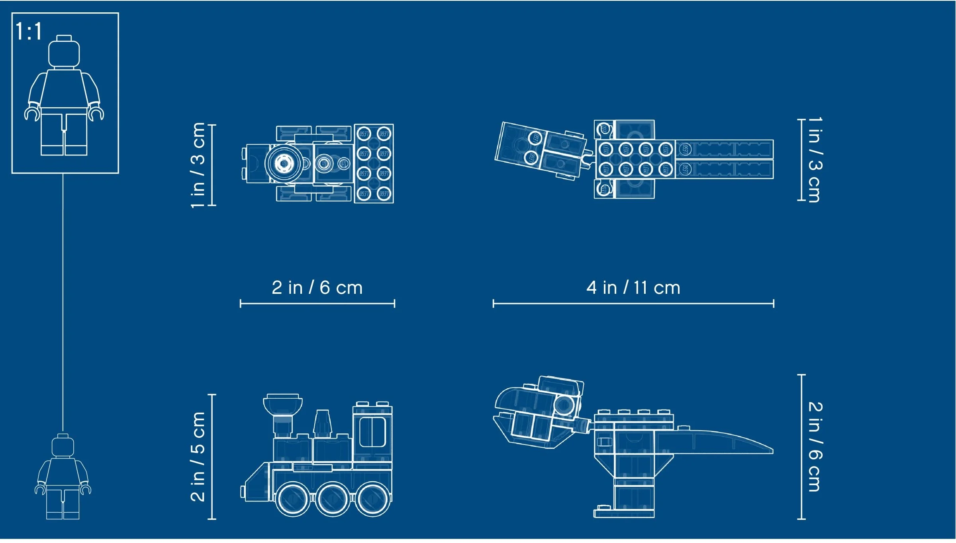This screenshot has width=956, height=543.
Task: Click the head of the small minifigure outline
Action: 63,447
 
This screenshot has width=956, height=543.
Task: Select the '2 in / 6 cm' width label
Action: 317,288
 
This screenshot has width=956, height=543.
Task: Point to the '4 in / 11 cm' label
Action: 633,288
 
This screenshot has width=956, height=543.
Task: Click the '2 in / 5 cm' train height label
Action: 198,456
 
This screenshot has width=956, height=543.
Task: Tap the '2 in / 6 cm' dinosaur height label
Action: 815,447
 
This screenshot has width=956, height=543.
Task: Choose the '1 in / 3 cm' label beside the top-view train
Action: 198,165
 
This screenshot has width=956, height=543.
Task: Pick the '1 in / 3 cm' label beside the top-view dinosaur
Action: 815,160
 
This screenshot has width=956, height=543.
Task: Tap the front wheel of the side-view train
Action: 293,499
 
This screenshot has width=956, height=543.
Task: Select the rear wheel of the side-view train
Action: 373,499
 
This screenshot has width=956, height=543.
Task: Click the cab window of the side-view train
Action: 372,432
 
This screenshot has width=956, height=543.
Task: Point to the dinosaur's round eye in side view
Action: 563,405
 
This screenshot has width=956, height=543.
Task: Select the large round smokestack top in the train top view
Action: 284,163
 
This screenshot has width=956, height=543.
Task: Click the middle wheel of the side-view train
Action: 333,499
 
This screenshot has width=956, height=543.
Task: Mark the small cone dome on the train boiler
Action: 323,423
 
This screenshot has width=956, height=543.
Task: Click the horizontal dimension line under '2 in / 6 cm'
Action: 317,304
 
